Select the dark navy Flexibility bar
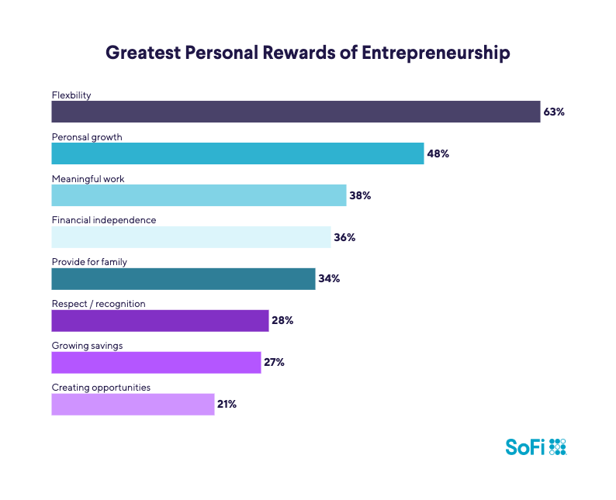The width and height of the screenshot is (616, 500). pyautogui.click(x=296, y=112)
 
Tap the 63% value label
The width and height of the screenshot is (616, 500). pyautogui.click(x=553, y=112)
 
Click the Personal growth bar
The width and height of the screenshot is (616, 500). pyautogui.click(x=237, y=153)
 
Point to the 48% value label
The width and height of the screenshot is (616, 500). pyautogui.click(x=438, y=153)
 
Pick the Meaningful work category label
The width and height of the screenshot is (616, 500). pyautogui.click(x=88, y=178)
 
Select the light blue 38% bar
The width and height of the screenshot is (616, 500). pyautogui.click(x=199, y=195)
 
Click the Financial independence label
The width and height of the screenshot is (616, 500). pyautogui.click(x=104, y=220)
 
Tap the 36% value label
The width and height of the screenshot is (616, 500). pyautogui.click(x=344, y=237)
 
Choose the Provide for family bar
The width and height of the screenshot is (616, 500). pyautogui.click(x=183, y=279)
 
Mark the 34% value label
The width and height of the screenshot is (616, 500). pyautogui.click(x=329, y=279)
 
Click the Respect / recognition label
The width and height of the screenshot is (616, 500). pyautogui.click(x=98, y=304)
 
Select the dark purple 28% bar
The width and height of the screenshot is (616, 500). pyautogui.click(x=160, y=321)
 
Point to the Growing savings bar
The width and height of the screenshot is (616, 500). pyautogui.click(x=156, y=363)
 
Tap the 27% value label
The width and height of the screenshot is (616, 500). pyautogui.click(x=274, y=363)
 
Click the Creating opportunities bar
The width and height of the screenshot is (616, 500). pyautogui.click(x=133, y=405)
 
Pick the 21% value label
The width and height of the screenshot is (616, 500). pyautogui.click(x=227, y=405)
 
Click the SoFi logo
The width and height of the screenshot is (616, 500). pyautogui.click(x=536, y=447)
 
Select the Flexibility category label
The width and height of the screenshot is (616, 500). pyautogui.click(x=71, y=95)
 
